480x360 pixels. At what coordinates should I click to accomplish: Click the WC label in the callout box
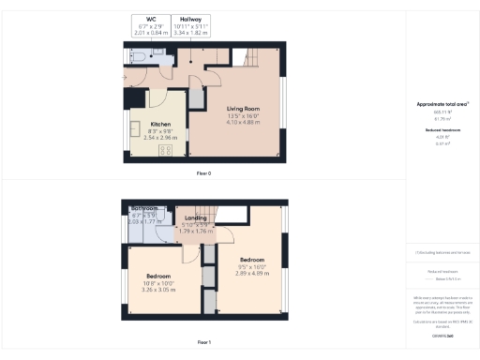(x=151, y=18)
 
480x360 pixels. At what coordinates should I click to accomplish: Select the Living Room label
(x=242, y=109)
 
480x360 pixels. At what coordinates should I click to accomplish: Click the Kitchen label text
(x=159, y=124)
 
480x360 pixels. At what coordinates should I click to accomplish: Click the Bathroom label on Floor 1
(x=143, y=207)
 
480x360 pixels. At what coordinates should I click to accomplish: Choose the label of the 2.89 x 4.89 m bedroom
(x=252, y=260)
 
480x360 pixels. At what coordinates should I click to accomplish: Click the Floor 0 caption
(x=203, y=173)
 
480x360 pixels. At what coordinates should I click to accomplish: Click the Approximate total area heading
(x=442, y=103)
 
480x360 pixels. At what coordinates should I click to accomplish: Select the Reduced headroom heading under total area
(x=442, y=128)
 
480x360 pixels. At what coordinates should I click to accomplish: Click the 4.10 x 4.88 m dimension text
(x=242, y=123)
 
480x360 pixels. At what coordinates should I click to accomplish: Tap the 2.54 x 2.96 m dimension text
(x=159, y=137)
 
